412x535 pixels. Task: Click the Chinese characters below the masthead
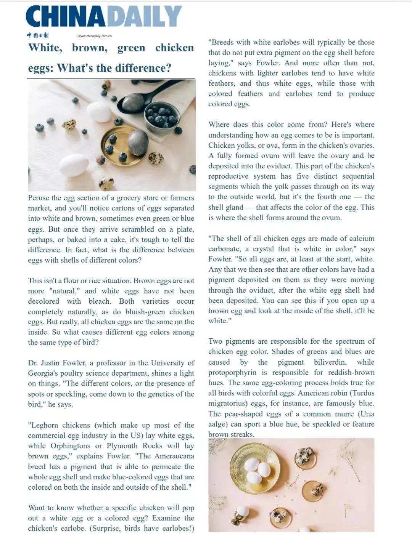point(38,35)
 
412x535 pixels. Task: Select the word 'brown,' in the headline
point(90,48)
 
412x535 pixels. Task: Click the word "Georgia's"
point(43,373)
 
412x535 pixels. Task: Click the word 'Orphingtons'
point(61,446)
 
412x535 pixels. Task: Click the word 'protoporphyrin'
point(232,372)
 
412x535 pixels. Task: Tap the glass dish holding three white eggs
point(252,469)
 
